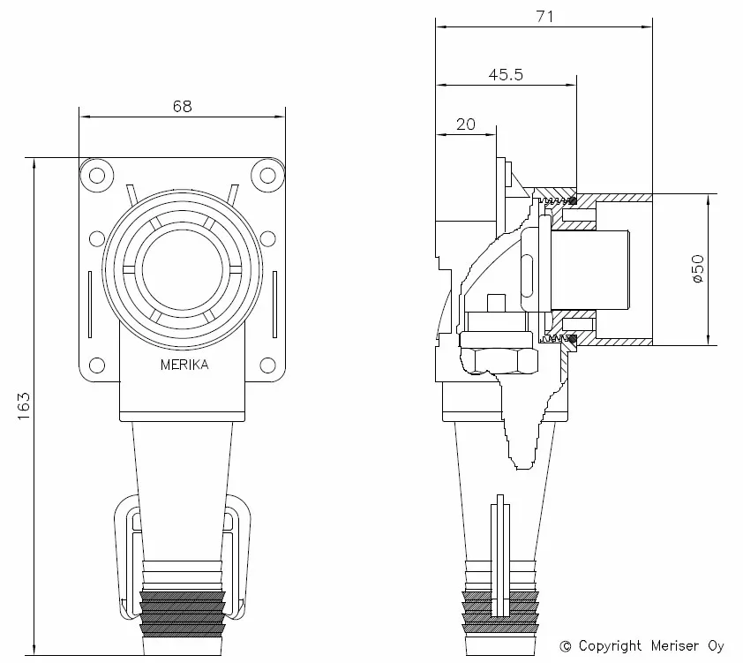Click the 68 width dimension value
(x=182, y=106)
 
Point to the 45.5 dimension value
(x=506, y=75)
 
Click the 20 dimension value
(x=466, y=124)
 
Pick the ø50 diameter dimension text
(x=697, y=268)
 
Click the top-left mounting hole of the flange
(x=93, y=174)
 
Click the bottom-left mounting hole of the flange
(x=93, y=365)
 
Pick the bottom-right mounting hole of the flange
(x=266, y=365)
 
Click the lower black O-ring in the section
(x=574, y=338)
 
